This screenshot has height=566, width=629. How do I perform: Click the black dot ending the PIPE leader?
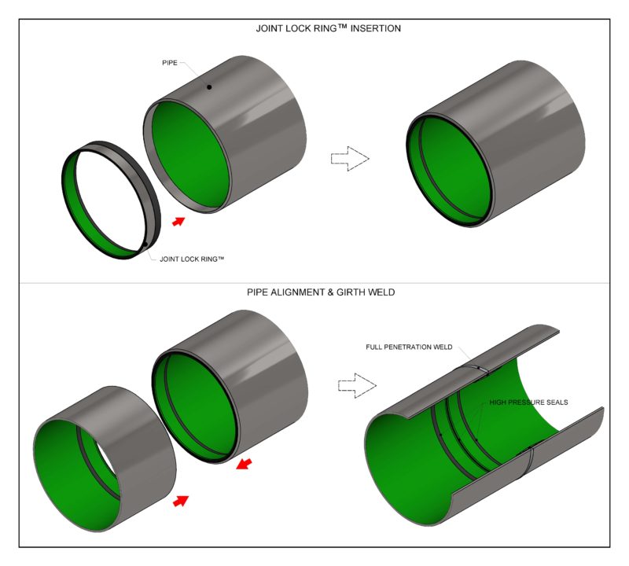click(209, 86)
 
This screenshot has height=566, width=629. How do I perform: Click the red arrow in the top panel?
click(179, 222)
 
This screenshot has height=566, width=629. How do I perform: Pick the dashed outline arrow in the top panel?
click(349, 158)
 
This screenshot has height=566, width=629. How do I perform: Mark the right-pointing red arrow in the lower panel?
click(182, 501)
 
